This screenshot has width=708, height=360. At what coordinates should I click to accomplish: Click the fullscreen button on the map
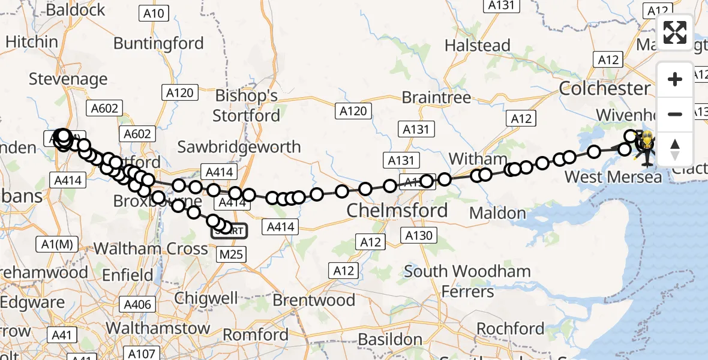click(x=675, y=32)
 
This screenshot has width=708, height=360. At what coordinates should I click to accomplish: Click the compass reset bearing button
click(x=675, y=148)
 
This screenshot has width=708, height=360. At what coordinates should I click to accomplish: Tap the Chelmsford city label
click(x=397, y=211)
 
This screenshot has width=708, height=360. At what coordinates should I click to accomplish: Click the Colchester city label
click(x=604, y=89)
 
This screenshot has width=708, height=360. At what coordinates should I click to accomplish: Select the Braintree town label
click(x=436, y=97)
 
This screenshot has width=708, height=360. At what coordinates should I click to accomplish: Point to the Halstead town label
click(x=478, y=46)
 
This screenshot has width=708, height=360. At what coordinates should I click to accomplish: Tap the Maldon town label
click(x=497, y=213)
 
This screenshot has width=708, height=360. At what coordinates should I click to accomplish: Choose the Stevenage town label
click(x=68, y=79)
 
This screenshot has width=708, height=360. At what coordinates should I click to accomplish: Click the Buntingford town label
click(x=158, y=43)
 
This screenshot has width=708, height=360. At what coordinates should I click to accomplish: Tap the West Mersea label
click(x=614, y=177)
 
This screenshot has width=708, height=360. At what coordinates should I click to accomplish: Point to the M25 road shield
click(x=231, y=254)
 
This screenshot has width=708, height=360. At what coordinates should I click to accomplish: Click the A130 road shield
click(x=419, y=235)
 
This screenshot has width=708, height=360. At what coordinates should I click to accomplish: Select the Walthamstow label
click(x=158, y=328)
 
